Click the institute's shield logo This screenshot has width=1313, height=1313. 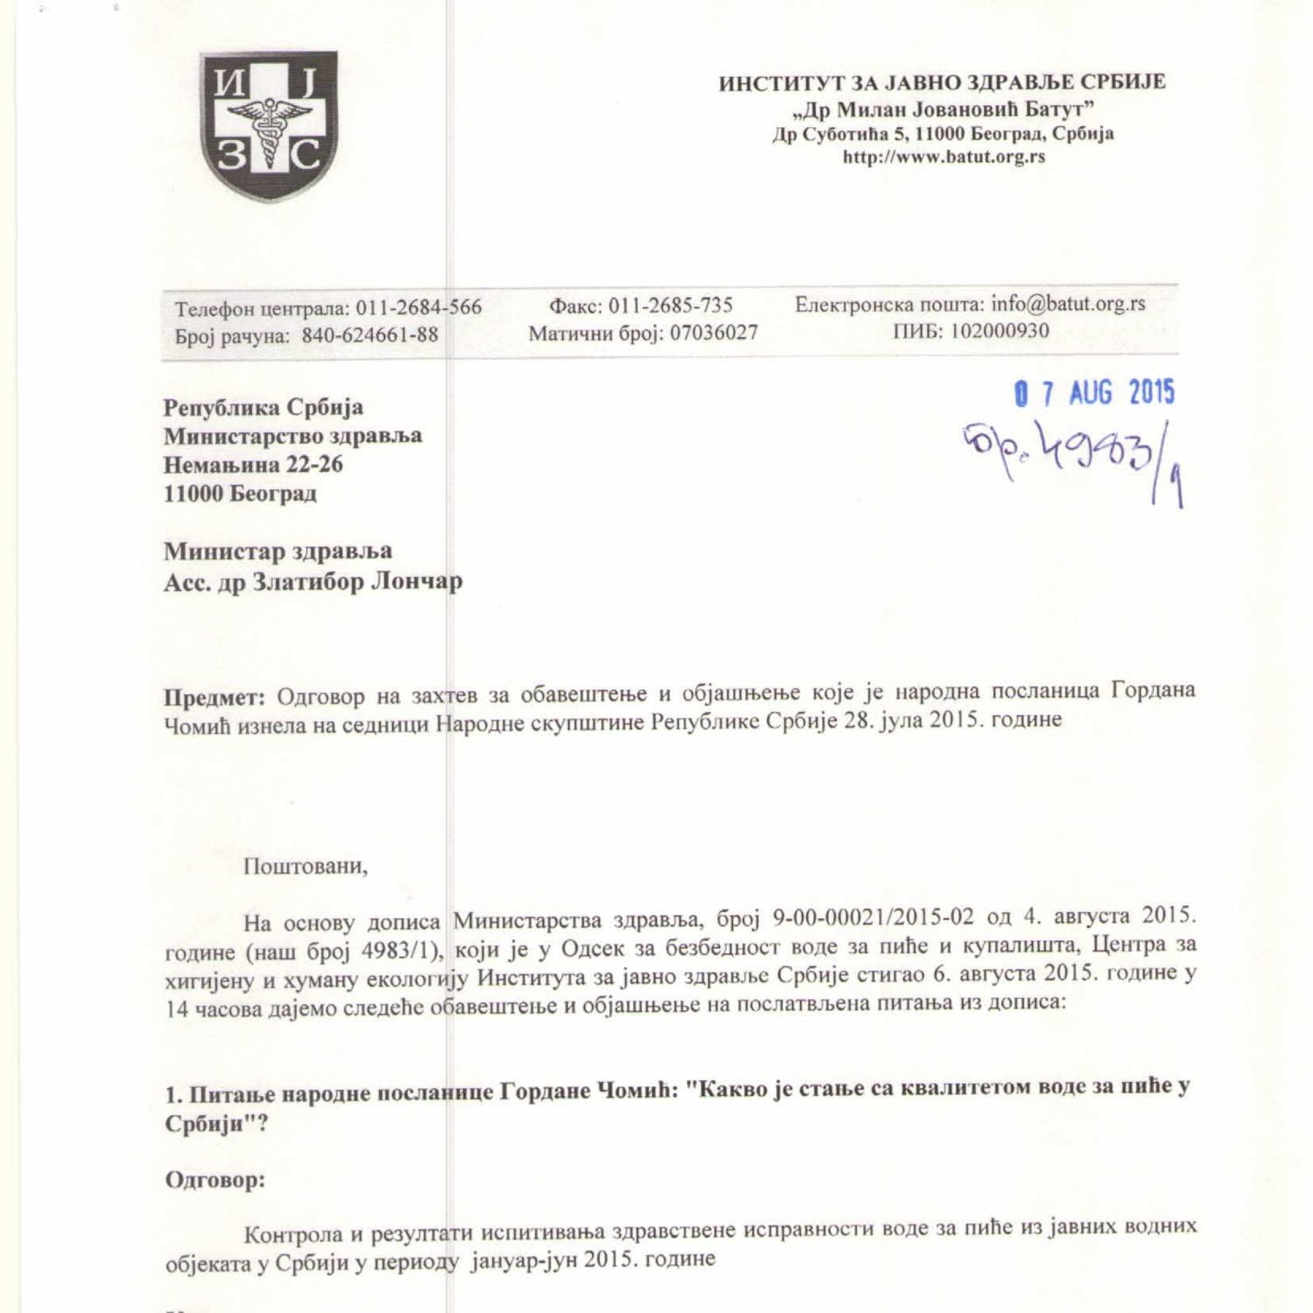point(269,126)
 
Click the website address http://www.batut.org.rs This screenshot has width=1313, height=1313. point(944,158)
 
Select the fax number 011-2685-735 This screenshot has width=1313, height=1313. point(671,305)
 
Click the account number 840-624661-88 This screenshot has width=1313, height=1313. point(369,335)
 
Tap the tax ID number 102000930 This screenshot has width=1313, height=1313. point(1000,331)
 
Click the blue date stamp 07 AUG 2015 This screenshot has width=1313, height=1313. point(1094,393)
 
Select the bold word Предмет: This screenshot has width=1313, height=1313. point(214,698)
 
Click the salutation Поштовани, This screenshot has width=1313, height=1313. point(305,867)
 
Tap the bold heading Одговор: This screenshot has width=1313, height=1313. point(215,1180)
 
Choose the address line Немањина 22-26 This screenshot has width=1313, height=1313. point(253,464)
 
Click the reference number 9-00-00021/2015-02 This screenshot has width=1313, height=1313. point(873,917)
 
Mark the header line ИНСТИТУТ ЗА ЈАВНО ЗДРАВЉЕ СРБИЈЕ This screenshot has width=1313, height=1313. point(942,83)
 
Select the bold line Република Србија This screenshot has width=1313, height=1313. point(263,407)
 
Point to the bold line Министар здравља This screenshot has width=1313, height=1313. point(277,551)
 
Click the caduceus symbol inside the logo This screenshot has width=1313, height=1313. point(269,130)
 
